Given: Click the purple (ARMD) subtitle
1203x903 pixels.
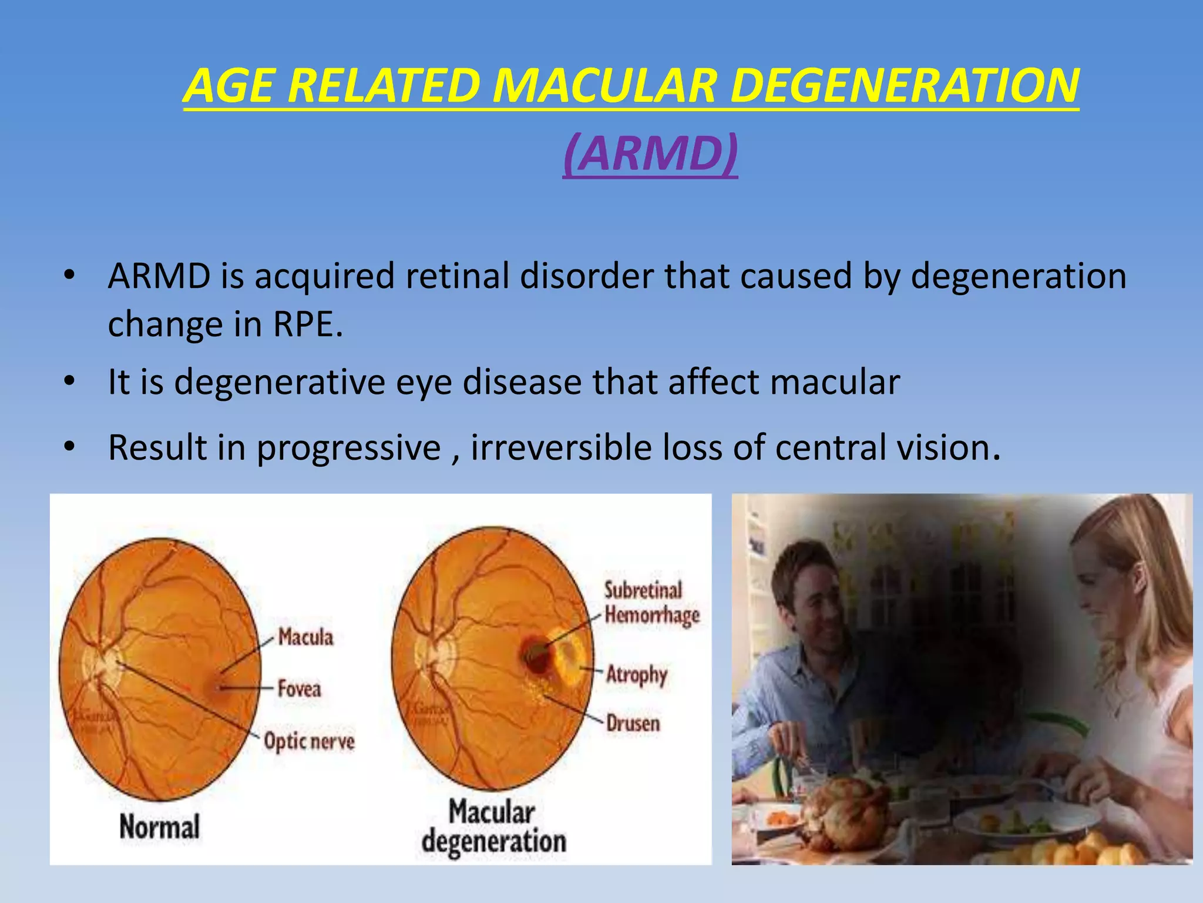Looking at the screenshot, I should click(650, 154).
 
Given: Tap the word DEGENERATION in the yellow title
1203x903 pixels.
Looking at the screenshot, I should click(905, 86).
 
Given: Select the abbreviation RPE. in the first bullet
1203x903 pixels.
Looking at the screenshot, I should click(308, 324).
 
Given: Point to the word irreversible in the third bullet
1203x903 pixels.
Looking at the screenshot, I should click(561, 447).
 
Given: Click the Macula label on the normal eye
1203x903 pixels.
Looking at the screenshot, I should click(305, 637).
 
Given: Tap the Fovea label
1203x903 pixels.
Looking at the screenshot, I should click(300, 688).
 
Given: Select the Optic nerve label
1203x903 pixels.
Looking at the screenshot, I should click(310, 741).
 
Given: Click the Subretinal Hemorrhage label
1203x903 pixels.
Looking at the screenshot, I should click(651, 603).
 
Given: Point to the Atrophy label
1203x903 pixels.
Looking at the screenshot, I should click(637, 674).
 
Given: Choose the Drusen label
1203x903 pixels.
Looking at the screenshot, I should click(633, 723).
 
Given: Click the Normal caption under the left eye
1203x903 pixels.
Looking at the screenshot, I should click(160, 826).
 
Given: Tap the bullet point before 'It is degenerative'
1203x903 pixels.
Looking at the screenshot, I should click(69, 382).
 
